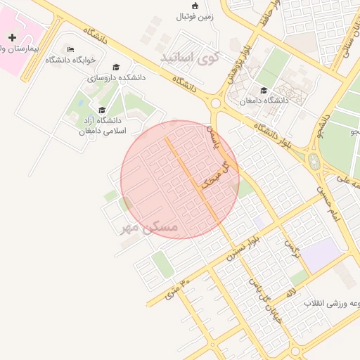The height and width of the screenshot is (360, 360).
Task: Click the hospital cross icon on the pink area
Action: pyautogui.click(x=12, y=37)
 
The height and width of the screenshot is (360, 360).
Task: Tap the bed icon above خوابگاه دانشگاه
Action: pyautogui.click(x=70, y=49)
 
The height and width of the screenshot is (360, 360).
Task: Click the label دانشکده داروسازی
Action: pyautogui.click(x=116, y=78)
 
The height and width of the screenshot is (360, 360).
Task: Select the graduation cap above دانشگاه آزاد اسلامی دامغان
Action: pyautogui.click(x=102, y=110)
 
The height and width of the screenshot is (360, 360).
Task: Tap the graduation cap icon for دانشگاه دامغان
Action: pyautogui.click(x=264, y=90)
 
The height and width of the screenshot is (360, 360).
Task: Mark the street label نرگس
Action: pyautogui.click(x=292, y=250)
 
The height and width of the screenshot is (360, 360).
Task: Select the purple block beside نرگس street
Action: pyautogui.click(x=319, y=253)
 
